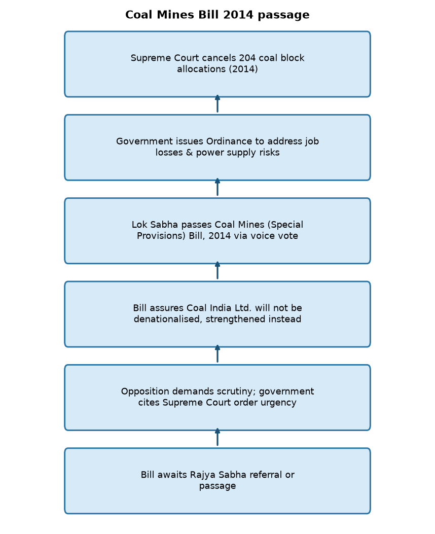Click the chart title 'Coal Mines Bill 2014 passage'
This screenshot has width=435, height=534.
pos(217,15)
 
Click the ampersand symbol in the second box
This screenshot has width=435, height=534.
pos(189,153)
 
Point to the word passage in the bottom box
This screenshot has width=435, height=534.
pos(217,486)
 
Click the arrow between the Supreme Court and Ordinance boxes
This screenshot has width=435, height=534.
pos(217,104)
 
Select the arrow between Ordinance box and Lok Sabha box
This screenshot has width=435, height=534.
pos(217,187)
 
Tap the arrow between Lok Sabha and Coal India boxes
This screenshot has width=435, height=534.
pos(217,270)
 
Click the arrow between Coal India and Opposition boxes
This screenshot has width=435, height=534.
pos(217,354)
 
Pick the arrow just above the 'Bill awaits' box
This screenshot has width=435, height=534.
pos(217,437)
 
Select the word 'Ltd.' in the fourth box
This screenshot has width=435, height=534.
pos(242,308)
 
